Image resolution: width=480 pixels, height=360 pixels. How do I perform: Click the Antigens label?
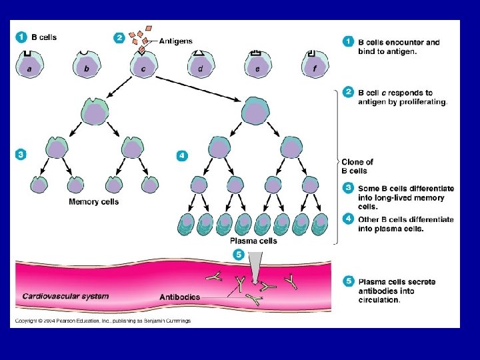click(176, 41)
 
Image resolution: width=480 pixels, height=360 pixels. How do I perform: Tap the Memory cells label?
click(94, 201)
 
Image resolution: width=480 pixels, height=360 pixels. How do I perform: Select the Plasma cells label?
click(253, 241)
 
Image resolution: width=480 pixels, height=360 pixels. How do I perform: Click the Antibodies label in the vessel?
click(179, 297)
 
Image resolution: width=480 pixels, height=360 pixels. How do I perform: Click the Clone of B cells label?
click(357, 166)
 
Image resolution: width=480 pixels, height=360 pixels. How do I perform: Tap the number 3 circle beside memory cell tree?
click(21, 155)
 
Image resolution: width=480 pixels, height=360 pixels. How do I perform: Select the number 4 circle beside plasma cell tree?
click(181, 155)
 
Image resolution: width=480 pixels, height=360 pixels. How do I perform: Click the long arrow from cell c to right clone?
click(193, 89)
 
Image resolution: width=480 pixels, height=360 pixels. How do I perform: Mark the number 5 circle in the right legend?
click(348, 282)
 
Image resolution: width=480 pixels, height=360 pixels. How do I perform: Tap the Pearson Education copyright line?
click(103, 321)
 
